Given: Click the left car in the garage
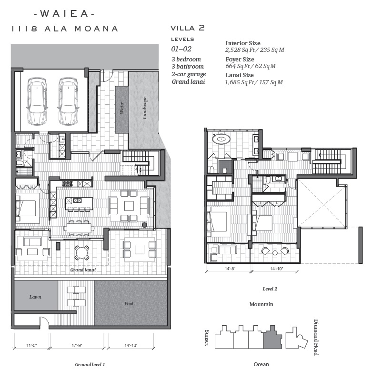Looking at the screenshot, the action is coord(37,101).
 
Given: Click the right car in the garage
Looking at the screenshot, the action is coord(68,101).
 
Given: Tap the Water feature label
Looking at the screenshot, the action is coord(121,108).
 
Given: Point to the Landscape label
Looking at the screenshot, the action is coord(145,108).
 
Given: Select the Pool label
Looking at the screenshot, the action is coord(129,303).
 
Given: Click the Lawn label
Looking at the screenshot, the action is coord(35,297).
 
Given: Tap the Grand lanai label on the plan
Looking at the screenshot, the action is coord(83,270).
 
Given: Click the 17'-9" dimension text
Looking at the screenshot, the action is coord(77,345).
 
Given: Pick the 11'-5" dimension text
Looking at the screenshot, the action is coord(31,345).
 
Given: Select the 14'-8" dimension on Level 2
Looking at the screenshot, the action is coord(230,269).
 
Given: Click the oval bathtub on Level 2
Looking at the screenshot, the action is coord(221,138).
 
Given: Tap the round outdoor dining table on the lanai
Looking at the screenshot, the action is coord(82,253).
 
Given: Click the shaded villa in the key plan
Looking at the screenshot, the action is coord(273,337).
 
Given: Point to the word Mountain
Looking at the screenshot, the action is coord(261,304).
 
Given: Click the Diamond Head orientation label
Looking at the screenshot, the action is coord(316,338).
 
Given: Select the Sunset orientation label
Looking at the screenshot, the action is coord(207,338).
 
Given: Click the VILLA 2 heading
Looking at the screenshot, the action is coord(188,28).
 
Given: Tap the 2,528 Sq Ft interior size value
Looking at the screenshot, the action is coord(240,50).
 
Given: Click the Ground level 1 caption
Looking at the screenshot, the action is coord(90,364).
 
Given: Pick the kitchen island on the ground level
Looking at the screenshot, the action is coord(79,203).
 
